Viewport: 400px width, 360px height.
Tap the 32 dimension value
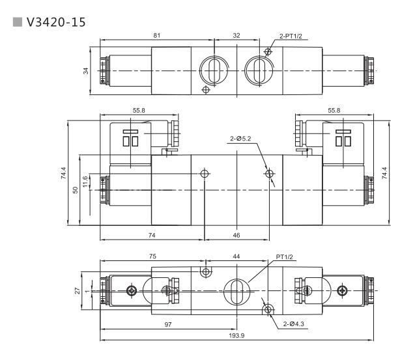pos(237,36)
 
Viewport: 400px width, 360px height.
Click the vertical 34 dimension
pos(85,70)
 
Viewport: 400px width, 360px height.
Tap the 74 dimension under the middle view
pos(152,232)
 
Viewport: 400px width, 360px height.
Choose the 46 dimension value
pos(237,232)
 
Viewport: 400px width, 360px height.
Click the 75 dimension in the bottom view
pos(152,257)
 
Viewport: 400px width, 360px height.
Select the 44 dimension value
pos(236,257)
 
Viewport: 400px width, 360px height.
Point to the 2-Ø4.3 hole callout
pos(294,324)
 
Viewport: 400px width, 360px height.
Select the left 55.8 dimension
pos(139,111)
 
